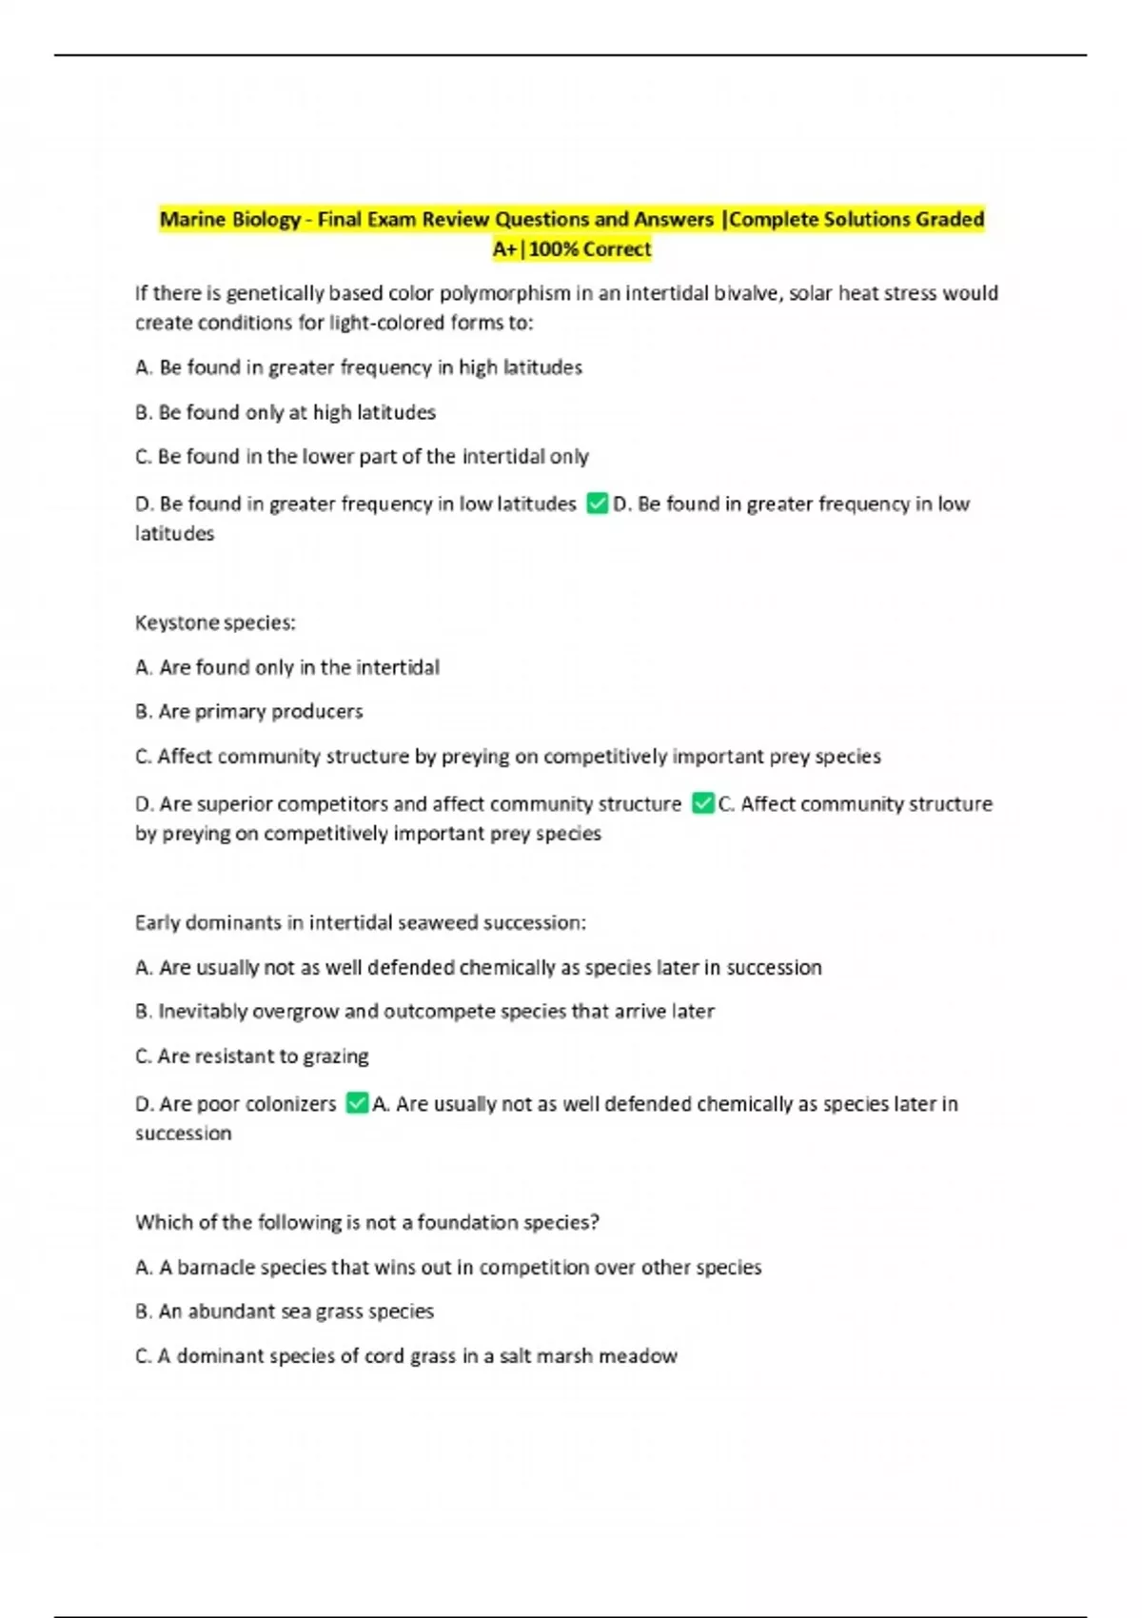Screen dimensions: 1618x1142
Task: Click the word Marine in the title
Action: (x=190, y=220)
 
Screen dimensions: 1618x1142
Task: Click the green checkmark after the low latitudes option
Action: (x=597, y=503)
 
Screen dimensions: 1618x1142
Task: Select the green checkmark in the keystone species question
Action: (x=702, y=803)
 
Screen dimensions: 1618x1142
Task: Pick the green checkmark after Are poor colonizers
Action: (x=357, y=1103)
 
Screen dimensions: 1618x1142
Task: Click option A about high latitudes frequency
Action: (x=359, y=367)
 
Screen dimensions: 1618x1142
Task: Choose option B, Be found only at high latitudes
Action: (x=285, y=412)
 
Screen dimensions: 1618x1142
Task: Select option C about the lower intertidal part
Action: (x=362, y=457)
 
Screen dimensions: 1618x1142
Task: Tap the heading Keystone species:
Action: (x=215, y=622)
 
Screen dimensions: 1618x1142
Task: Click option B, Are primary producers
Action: (x=249, y=711)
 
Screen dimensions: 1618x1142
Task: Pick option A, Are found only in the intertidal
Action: (x=287, y=667)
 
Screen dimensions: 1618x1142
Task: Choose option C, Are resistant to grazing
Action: (x=252, y=1056)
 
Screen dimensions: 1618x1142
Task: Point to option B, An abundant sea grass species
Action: (x=285, y=1311)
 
